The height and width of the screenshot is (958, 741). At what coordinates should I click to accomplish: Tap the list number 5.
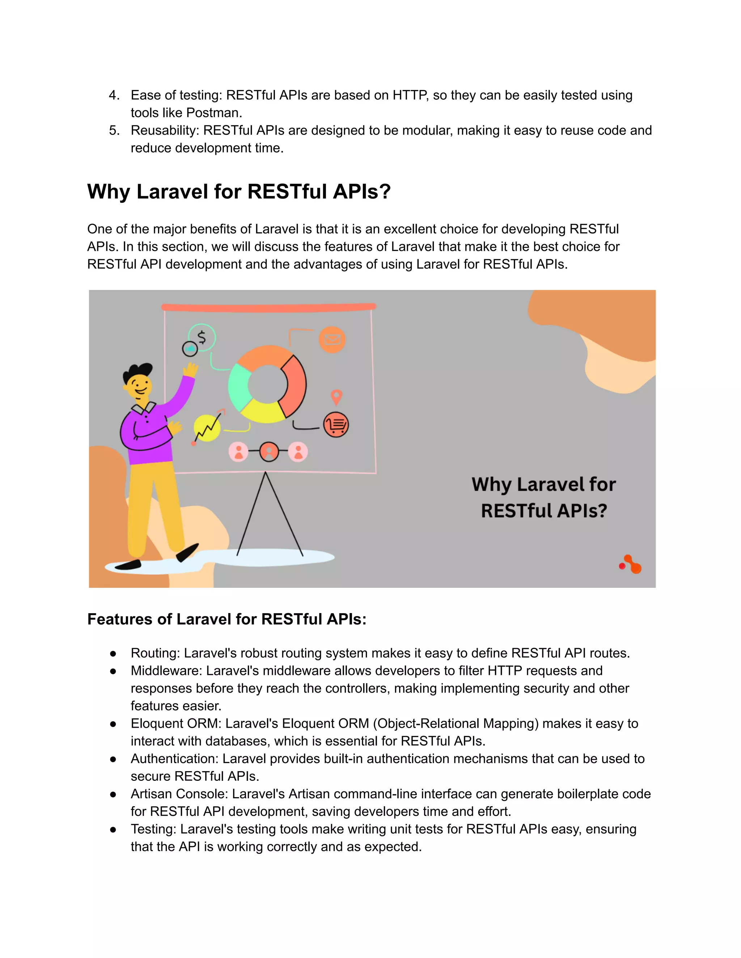114,130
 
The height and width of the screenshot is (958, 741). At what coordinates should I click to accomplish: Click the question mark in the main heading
385,192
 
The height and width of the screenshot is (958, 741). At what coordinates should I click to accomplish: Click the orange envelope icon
332,339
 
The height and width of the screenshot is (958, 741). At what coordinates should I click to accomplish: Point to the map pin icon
336,397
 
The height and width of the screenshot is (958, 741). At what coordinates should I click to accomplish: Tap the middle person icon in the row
269,452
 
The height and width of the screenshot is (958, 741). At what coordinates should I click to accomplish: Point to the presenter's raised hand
191,370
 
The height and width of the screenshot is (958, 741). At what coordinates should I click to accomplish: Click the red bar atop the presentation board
269,307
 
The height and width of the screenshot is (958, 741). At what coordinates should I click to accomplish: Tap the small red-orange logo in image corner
631,565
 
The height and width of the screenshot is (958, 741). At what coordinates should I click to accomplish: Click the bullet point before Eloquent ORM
113,724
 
